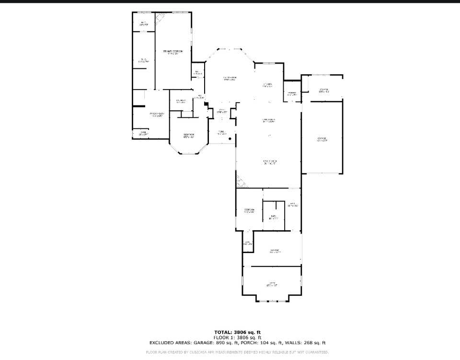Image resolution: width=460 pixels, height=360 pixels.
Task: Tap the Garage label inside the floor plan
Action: [x=322, y=139]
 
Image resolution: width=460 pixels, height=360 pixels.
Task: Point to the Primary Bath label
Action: [x=158, y=115]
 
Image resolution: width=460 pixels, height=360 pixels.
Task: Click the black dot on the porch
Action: [x=230, y=139]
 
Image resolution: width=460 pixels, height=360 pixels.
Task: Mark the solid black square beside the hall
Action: [x=205, y=104]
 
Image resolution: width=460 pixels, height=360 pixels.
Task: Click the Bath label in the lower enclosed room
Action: [x=273, y=217]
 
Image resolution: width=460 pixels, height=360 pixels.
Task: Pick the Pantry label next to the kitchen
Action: [x=291, y=94]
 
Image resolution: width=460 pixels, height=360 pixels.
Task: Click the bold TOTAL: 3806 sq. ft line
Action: [x=237, y=332]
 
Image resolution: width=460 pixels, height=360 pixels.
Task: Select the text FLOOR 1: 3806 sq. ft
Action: [x=237, y=337]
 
